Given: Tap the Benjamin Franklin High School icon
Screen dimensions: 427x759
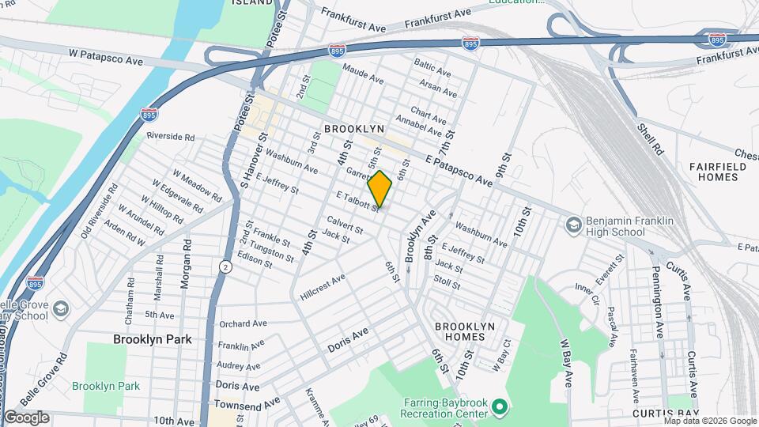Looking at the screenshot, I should pos(572,225).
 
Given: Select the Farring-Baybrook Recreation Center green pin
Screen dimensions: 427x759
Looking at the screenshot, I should pos(499,408).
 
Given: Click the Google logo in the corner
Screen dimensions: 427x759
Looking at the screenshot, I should pos(26,418).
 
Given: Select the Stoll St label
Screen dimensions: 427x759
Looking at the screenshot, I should pos(447,281).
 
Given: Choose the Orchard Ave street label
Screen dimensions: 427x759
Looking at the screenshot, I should pos(243,323).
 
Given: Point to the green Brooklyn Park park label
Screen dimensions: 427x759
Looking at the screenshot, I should pos(105,386).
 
